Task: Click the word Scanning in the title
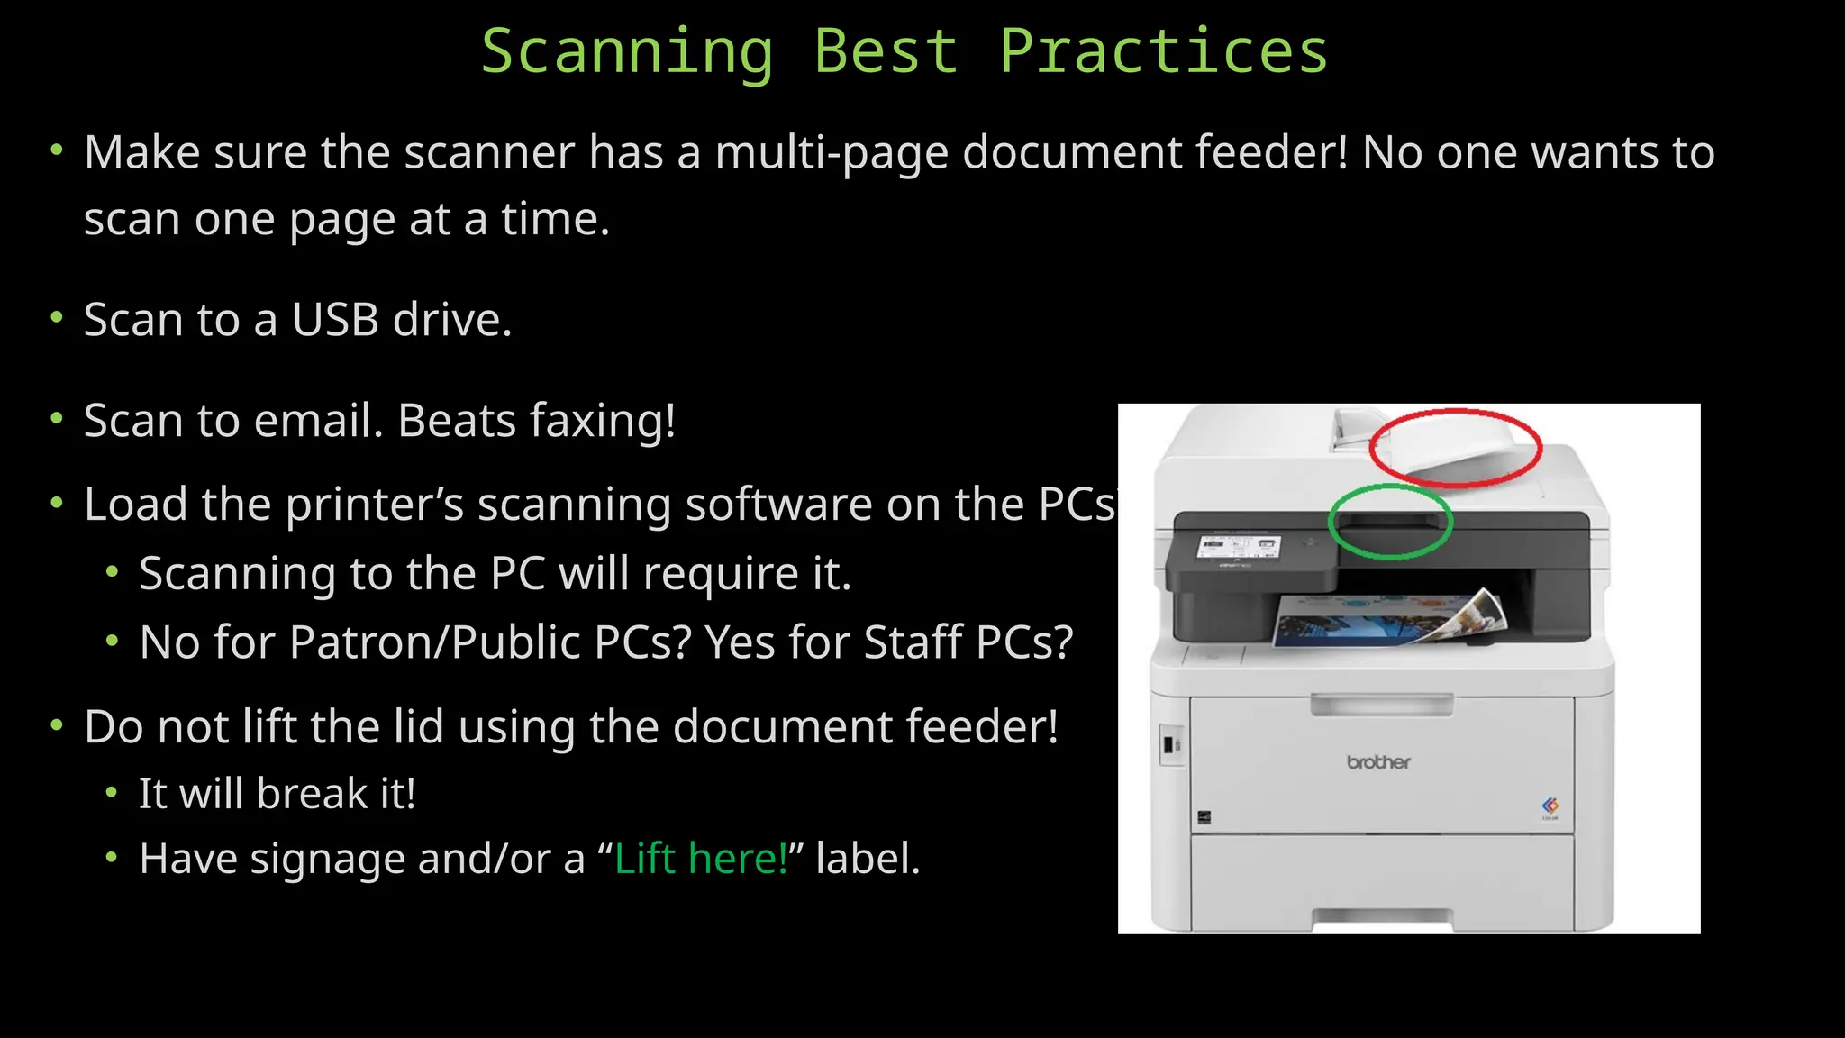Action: point(627,52)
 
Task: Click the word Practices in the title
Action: point(1163,52)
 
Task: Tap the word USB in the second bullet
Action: point(335,320)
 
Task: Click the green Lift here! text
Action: point(701,859)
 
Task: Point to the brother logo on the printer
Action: point(1378,762)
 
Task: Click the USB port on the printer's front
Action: point(1169,745)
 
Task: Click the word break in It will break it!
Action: point(313,794)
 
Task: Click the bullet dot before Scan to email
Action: point(57,418)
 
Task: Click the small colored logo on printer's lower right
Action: point(1550,806)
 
